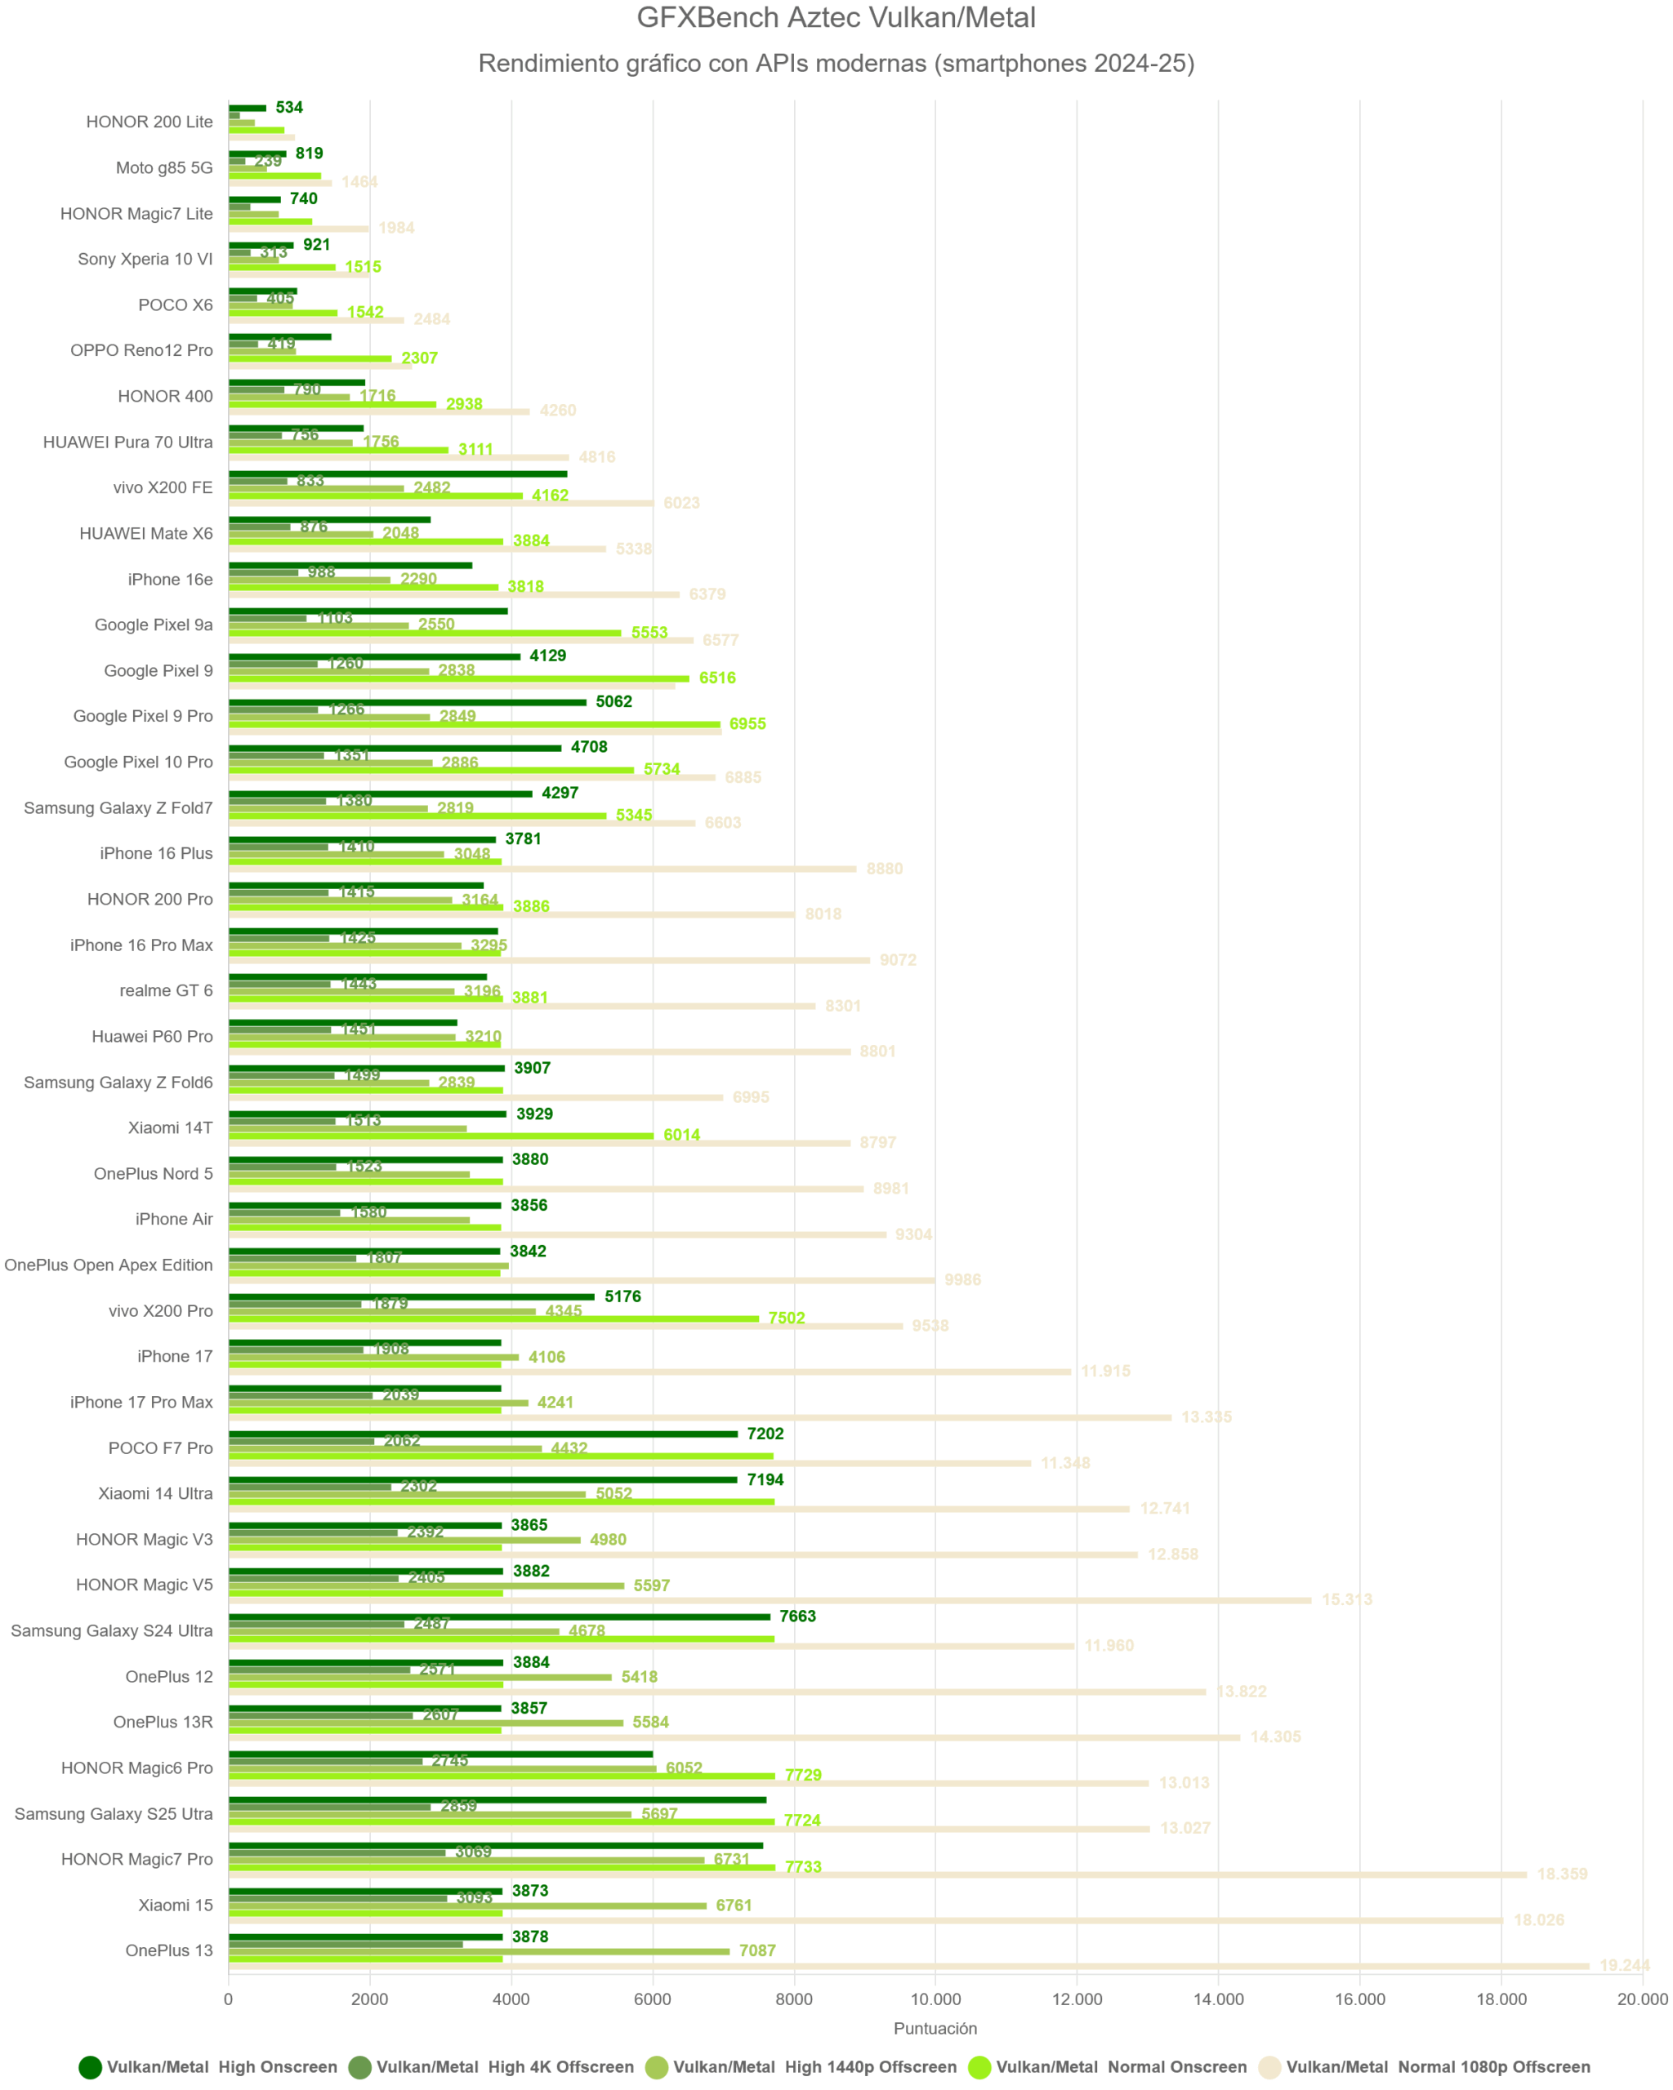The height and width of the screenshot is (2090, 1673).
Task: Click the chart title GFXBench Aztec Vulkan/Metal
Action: coord(836,17)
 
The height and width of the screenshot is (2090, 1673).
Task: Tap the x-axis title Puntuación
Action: coord(935,2028)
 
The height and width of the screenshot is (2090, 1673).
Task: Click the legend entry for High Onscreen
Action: coord(208,2067)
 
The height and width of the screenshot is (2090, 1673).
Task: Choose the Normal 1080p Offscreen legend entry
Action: coord(1425,2067)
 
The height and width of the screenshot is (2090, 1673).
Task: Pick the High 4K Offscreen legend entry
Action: coord(491,2067)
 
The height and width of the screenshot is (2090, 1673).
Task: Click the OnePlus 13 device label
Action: coord(169,1950)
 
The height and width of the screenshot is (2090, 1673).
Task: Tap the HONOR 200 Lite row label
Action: coord(149,121)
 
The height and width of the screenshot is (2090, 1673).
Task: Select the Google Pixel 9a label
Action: coord(154,625)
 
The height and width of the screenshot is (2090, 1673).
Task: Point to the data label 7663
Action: coord(797,1616)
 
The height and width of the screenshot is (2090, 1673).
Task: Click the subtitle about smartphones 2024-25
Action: coord(836,63)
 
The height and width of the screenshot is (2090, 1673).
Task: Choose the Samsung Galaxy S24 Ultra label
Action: coord(112,1630)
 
